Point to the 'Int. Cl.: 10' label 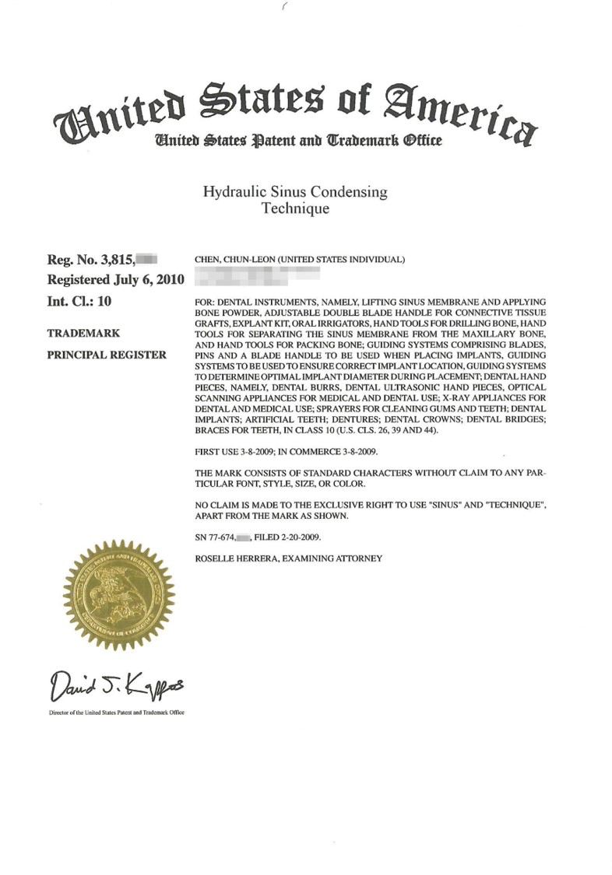(83, 299)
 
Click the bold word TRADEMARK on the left (83, 333)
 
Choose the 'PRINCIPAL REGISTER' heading (107, 355)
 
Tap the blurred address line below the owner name (257, 274)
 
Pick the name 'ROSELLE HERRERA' (230, 558)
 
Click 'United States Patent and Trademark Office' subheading (288, 142)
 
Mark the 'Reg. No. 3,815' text (91, 260)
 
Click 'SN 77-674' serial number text (214, 537)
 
